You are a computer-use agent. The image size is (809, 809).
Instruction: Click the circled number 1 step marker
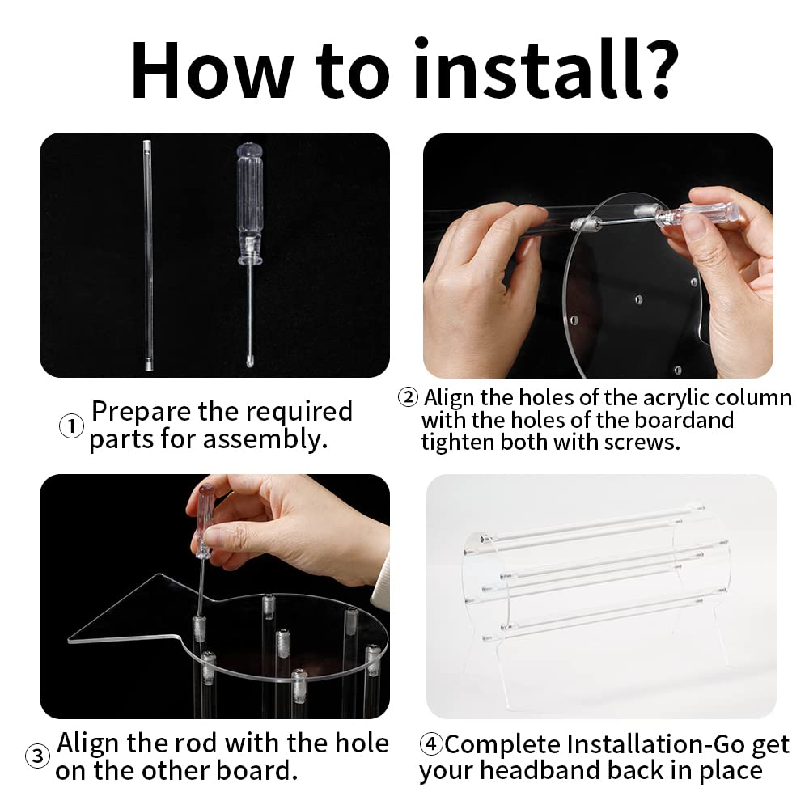[71, 426]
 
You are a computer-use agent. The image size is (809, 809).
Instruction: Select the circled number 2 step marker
[408, 397]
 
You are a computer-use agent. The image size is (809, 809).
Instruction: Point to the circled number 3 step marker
[38, 756]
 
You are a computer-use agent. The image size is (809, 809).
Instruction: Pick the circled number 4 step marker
[431, 744]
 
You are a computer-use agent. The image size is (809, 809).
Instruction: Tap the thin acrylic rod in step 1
[148, 255]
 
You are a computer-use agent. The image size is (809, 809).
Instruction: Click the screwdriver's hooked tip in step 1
[250, 361]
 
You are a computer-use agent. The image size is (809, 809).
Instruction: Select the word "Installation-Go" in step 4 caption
[655, 744]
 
